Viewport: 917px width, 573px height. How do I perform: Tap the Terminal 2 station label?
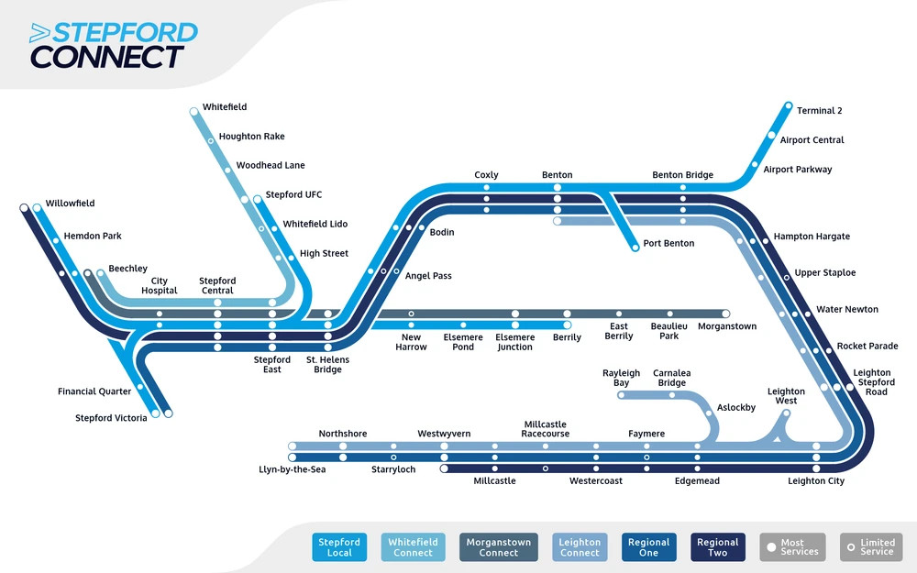819,111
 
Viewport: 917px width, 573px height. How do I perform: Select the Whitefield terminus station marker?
194,112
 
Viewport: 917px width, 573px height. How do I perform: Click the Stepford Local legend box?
339,547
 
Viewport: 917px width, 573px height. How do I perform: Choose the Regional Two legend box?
717,547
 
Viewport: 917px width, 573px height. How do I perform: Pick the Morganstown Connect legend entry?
499,547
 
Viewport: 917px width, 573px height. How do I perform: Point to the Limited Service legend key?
870,547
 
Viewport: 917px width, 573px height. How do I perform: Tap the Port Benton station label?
668,244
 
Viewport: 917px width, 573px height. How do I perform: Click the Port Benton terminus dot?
634,247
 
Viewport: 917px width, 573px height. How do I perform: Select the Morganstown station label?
727,326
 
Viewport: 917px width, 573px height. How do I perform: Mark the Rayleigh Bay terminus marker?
622,396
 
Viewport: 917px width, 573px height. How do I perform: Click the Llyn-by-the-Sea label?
293,469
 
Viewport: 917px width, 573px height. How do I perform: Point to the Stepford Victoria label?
111,419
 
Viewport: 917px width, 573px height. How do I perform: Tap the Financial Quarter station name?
95,392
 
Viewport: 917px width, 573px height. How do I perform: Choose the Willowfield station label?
70,204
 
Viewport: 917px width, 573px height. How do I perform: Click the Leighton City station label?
816,481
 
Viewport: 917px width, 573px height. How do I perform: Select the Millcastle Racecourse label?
546,429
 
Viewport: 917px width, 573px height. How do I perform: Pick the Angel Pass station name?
429,276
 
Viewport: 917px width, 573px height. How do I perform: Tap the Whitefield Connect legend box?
413,547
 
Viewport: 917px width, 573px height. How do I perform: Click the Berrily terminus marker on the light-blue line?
567,325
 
